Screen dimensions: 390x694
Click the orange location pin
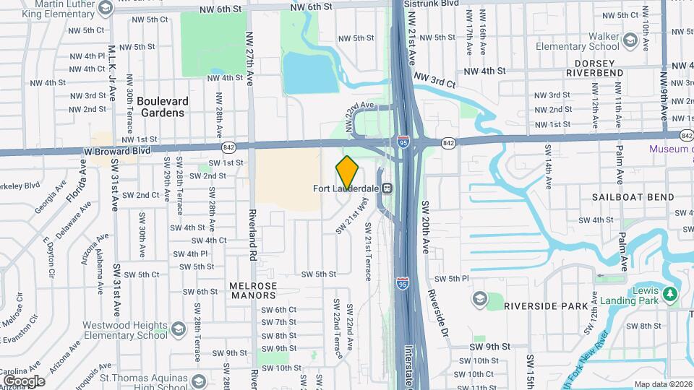[347, 172]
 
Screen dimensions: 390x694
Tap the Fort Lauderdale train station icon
[388, 188]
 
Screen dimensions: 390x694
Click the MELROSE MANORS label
[253, 290]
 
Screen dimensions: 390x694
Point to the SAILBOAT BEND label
[633, 197]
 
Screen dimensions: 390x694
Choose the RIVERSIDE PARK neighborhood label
[547, 306]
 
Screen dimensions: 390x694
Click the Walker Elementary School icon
[629, 41]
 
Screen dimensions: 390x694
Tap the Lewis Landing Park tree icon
[670, 294]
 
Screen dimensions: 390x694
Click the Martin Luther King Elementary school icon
[106, 9]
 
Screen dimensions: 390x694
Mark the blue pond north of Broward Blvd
[310, 74]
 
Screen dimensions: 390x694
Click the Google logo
[24, 381]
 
